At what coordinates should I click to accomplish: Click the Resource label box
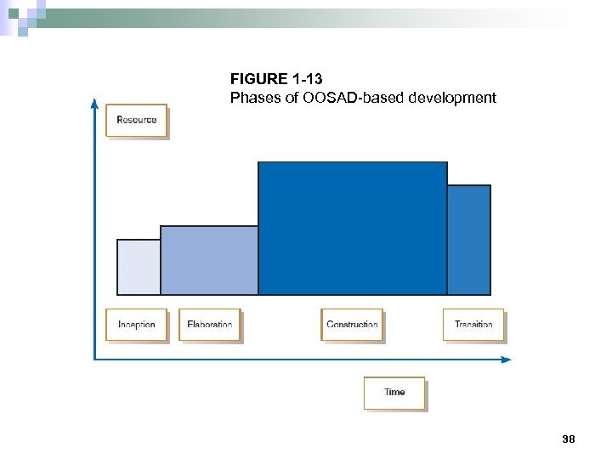click(x=136, y=120)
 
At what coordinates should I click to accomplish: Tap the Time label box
click(x=394, y=392)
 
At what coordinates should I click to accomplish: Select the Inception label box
click(x=136, y=325)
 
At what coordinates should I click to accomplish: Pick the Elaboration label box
click(x=209, y=325)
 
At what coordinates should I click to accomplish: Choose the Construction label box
click(x=352, y=325)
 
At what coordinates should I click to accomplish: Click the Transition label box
click(x=473, y=325)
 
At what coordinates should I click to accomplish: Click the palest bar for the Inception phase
click(x=139, y=267)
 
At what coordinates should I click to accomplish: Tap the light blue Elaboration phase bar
click(x=209, y=260)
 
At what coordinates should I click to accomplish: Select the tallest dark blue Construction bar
click(x=352, y=228)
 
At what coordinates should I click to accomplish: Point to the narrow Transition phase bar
click(x=469, y=240)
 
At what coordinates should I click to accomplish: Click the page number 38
click(x=569, y=439)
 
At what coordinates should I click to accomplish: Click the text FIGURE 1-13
click(x=276, y=80)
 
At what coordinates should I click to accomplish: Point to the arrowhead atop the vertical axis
click(x=93, y=103)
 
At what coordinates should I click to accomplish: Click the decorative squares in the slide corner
click(x=20, y=15)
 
